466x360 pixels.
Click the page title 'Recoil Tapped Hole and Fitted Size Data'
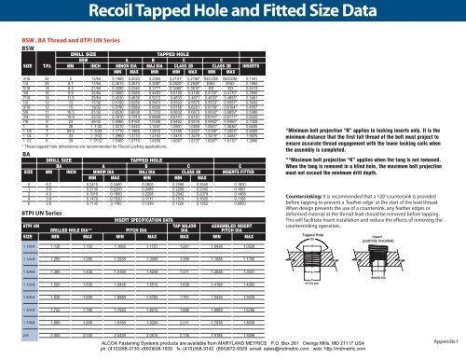coord(232,12)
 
